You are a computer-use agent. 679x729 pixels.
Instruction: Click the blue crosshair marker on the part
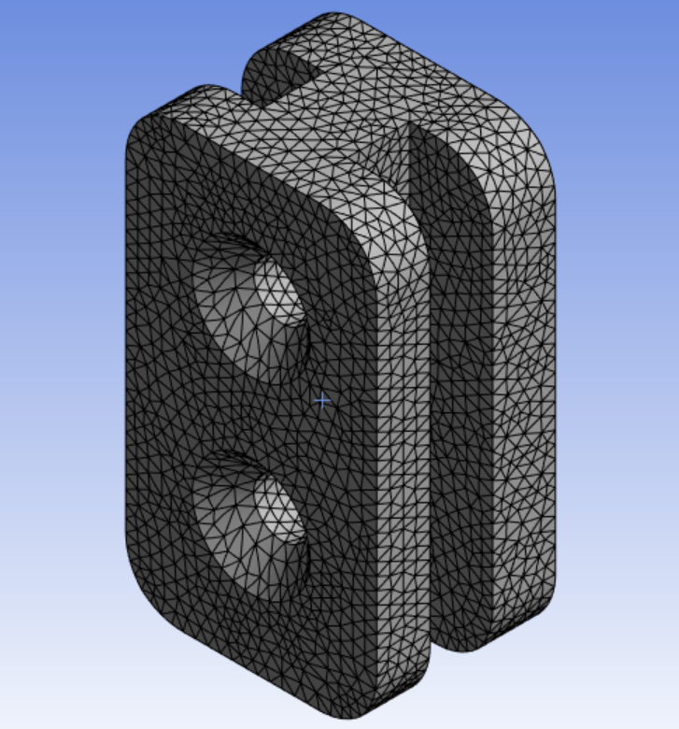pyautogui.click(x=322, y=401)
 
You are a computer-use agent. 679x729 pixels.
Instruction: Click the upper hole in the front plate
pyautogui.click(x=250, y=307)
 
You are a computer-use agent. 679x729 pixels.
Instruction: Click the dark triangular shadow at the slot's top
pyautogui.click(x=400, y=159)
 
